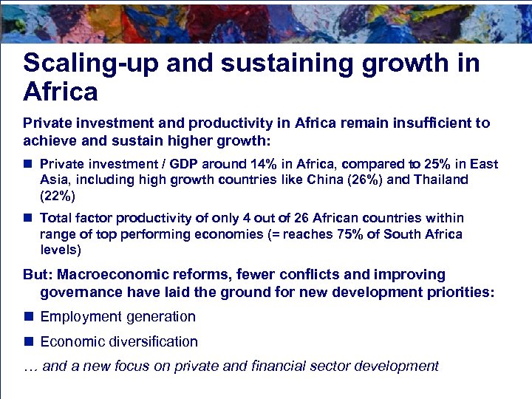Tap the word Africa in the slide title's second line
pos(61,92)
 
